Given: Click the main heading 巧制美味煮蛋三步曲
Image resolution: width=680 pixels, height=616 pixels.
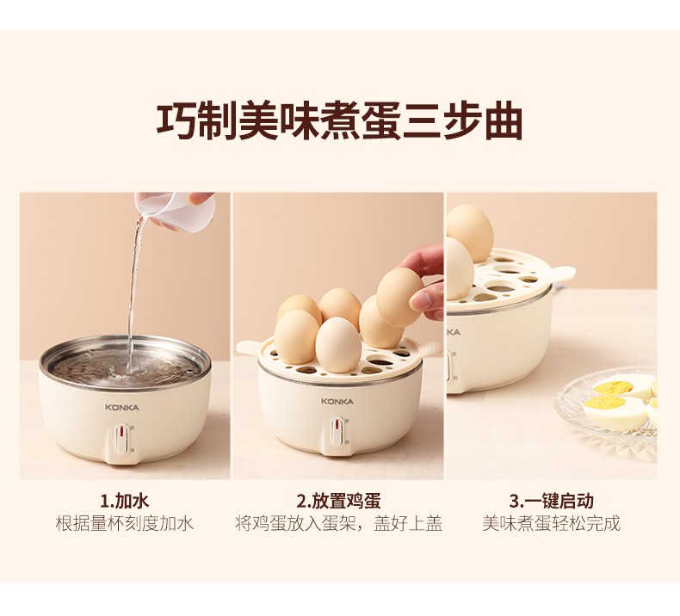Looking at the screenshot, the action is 339,121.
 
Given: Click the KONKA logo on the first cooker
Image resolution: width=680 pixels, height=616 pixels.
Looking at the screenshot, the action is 122,408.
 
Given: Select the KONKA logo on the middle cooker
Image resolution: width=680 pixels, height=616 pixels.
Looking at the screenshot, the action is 337,402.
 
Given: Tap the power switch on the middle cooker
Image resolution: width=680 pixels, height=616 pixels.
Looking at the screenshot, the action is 337,432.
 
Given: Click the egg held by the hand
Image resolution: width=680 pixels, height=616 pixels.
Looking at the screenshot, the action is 399,292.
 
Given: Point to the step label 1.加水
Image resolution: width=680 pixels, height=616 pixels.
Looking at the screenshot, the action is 125,502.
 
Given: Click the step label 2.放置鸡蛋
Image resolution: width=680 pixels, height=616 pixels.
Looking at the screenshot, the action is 338,502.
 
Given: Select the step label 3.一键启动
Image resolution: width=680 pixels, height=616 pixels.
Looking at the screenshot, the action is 551,502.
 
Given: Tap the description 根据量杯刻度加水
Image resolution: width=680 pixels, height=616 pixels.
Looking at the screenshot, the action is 125,524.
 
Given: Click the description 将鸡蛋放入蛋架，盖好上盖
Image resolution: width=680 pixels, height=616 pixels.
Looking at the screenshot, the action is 338,524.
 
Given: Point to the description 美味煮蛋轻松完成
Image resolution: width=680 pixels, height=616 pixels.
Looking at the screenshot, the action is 551,524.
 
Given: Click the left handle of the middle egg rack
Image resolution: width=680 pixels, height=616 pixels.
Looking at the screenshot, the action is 250,346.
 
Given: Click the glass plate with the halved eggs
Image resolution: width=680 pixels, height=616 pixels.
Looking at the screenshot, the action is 607,408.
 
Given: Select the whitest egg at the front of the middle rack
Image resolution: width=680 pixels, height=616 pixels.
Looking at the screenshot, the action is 338,345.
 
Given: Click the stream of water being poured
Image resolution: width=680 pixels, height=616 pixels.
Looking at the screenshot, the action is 134,295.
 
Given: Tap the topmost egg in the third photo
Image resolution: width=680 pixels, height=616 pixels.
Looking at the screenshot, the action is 470,232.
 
